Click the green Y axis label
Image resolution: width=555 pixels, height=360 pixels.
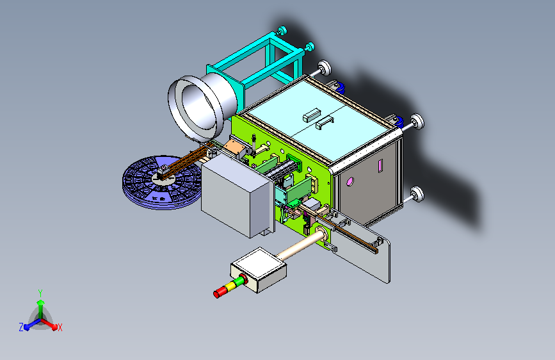(x=40, y=293)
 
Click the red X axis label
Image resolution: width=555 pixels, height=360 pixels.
(x=60, y=328)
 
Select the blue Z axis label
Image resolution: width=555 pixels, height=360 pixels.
(x=21, y=327)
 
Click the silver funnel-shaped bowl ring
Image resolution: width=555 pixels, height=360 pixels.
(x=198, y=106)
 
